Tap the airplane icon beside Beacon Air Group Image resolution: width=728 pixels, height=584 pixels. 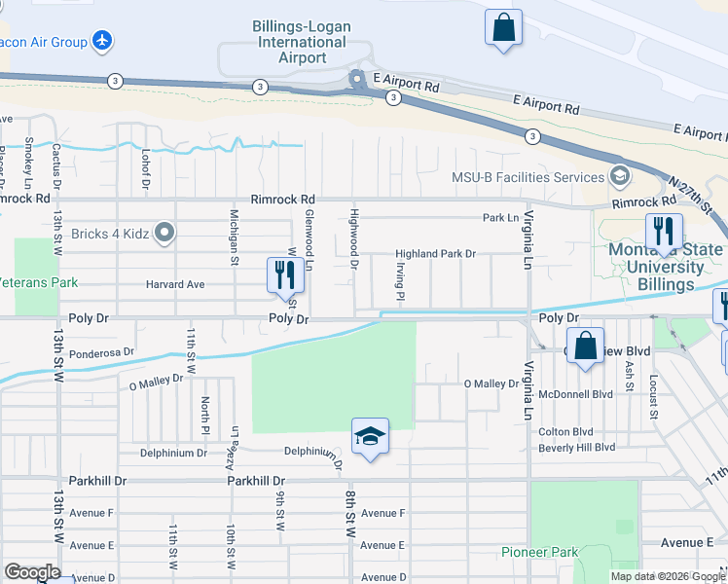click(x=102, y=41)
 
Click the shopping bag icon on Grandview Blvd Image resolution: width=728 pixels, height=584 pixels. click(x=584, y=347)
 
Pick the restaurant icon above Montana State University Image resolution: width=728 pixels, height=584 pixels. click(x=663, y=232)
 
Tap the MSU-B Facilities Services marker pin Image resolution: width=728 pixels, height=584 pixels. click(x=619, y=177)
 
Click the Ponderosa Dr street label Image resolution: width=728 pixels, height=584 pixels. click(x=101, y=352)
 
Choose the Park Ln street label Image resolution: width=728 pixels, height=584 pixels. click(x=500, y=218)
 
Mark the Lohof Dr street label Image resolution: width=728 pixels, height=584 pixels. click(x=145, y=168)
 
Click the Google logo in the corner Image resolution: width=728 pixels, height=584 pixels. click(x=32, y=572)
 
